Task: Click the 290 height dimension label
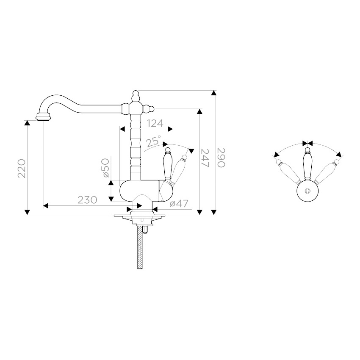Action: point(221,158)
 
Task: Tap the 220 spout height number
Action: point(22,168)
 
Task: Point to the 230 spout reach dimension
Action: point(87,200)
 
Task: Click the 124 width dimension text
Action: point(155,123)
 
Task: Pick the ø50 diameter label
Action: point(106,168)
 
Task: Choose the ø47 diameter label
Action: point(179,203)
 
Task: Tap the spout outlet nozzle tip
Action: point(43,117)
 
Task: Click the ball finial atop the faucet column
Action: point(136,94)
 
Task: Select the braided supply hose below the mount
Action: point(140,247)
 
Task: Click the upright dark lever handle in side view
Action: point(168,165)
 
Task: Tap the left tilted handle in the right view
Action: point(288,171)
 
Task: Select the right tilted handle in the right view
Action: point(326,171)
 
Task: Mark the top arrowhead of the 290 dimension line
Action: point(214,93)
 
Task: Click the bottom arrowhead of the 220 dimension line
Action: point(28,212)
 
